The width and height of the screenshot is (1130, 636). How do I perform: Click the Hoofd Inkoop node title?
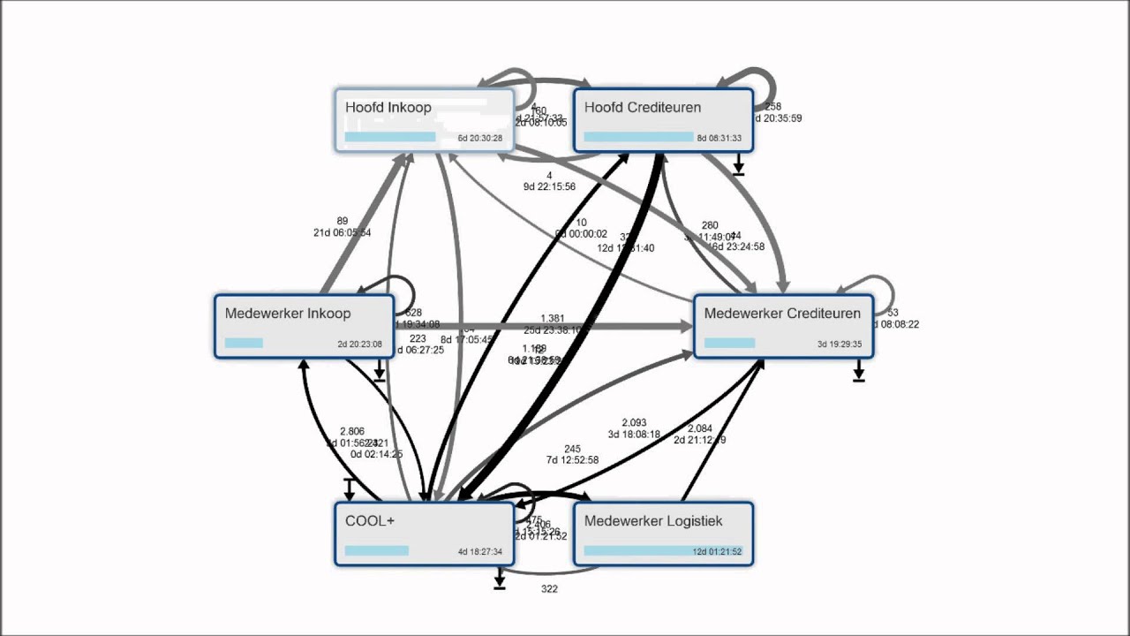(388, 108)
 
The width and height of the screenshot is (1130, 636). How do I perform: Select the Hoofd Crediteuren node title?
(643, 108)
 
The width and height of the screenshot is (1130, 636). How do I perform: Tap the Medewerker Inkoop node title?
(288, 314)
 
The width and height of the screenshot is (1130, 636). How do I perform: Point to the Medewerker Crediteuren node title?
(782, 314)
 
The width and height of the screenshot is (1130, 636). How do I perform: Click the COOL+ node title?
(370, 521)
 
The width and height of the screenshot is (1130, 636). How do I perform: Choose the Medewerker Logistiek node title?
(653, 521)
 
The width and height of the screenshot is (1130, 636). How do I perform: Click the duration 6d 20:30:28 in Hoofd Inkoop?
(479, 139)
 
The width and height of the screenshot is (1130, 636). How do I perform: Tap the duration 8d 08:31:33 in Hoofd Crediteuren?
(719, 139)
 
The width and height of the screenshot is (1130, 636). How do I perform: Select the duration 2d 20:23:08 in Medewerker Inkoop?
(359, 344)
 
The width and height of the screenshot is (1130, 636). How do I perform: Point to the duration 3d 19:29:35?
(839, 344)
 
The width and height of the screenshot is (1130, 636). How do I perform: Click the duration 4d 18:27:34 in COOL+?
(479, 552)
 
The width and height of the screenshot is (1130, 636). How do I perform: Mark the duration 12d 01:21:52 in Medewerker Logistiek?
(718, 552)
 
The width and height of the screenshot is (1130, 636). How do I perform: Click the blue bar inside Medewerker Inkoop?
(244, 343)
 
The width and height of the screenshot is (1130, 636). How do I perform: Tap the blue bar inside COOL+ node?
(377, 550)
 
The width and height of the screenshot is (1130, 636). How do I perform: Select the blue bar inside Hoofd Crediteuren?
(638, 137)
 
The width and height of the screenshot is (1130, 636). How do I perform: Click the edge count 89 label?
(343, 222)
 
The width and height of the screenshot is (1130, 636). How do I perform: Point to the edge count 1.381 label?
(552, 319)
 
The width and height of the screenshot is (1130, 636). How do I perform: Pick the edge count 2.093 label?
(634, 423)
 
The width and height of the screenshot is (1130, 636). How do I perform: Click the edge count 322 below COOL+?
(549, 589)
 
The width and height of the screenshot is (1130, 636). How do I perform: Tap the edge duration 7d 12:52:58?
(572, 460)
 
